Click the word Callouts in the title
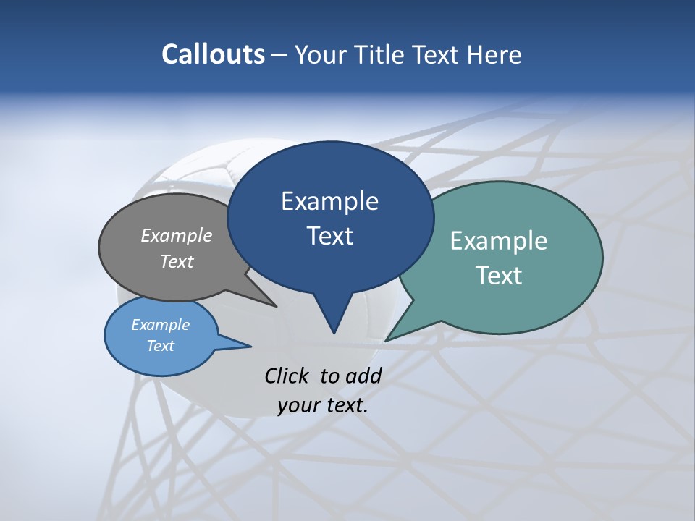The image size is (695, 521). pos(213,54)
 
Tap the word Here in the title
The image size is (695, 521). pos(494,54)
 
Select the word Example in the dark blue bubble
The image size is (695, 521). pos(329,200)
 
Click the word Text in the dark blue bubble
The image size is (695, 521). pos(329,235)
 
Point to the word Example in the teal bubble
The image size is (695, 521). pos(499,240)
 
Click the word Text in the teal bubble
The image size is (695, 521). pos(499,275)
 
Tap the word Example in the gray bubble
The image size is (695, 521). pos(177,235)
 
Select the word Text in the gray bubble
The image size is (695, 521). pos(177,261)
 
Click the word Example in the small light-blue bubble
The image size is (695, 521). pos(161,325)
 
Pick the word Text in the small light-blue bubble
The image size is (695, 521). pos(161,346)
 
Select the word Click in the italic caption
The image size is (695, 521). pos(288,376)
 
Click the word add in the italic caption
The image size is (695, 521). pos(363,376)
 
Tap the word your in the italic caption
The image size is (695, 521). pos(298,404)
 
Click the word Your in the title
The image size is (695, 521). pos(321,54)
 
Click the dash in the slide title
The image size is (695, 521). pos(280,55)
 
